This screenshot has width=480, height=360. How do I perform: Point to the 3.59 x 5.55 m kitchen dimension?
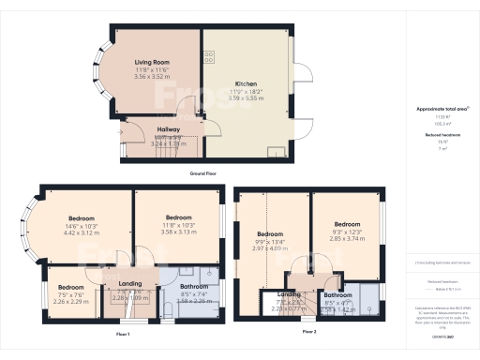(x=248, y=97)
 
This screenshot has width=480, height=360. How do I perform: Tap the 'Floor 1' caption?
(x=123, y=334)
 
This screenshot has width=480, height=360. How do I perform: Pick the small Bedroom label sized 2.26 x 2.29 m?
(x=71, y=288)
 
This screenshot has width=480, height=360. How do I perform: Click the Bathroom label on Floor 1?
(x=193, y=286)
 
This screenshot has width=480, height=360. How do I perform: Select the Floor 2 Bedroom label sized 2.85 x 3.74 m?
(x=347, y=224)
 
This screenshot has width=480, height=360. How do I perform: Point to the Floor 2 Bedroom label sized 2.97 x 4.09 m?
(x=271, y=233)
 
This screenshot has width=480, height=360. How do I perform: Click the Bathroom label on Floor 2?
(x=337, y=295)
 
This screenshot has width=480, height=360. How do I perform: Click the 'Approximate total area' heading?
(x=435, y=110)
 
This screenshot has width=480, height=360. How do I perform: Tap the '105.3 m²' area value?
(x=435, y=123)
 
